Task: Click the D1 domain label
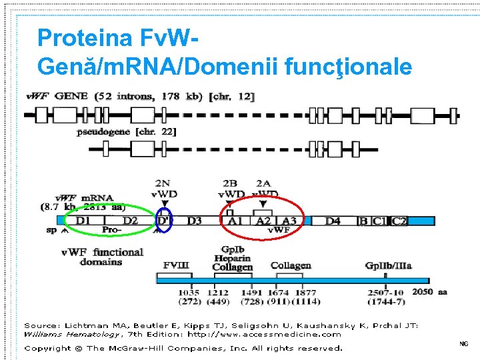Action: pos(83,221)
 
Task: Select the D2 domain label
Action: pos(130,221)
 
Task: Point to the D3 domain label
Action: pos(194,221)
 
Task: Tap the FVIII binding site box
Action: pos(177,266)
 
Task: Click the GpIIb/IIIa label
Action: pos(388,266)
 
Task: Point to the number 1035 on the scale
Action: pos(189,292)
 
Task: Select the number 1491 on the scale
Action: pos(252,292)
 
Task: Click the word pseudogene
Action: pos(103,132)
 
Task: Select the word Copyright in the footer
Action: pos(52,348)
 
